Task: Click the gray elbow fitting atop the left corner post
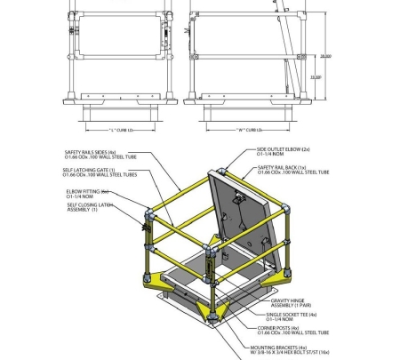(147, 213)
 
